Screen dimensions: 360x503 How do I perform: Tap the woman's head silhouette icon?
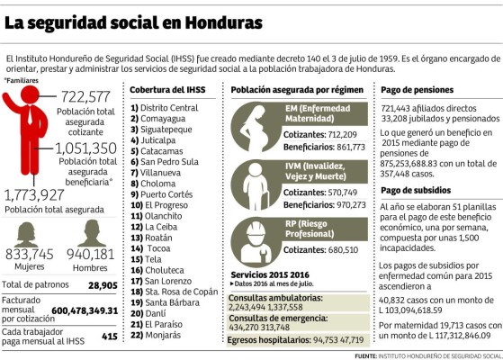pyautogui.click(x=27, y=233)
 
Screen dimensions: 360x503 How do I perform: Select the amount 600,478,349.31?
pyautogui.click(x=84, y=310)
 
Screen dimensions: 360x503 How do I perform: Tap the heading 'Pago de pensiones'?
pyautogui.click(x=415, y=90)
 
